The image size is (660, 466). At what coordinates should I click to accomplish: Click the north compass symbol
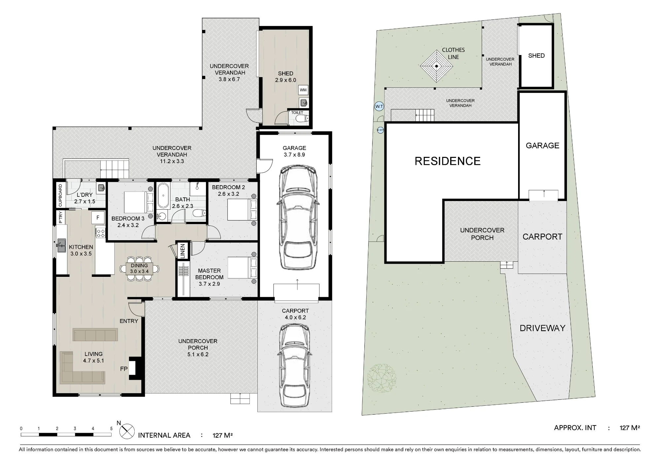127,431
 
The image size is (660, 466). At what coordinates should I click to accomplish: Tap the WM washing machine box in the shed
303,90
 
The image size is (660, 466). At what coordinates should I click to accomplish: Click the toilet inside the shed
301,118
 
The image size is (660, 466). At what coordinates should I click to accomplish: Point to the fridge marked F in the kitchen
98,218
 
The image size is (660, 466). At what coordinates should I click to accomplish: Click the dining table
139,269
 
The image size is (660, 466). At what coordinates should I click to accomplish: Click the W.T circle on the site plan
379,106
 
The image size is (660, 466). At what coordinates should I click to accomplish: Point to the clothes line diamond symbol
436,66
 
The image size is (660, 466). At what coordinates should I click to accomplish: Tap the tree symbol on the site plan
382,378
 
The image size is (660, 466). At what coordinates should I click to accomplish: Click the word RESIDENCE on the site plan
447,161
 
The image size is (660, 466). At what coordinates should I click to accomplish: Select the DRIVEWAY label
542,328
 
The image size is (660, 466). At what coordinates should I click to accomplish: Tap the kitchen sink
61,246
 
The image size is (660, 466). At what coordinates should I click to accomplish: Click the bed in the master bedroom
243,268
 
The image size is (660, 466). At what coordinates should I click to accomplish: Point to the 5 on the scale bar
111,429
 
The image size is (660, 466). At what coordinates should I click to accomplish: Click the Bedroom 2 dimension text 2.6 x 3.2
228,194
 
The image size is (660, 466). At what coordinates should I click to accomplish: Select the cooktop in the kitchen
100,233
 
